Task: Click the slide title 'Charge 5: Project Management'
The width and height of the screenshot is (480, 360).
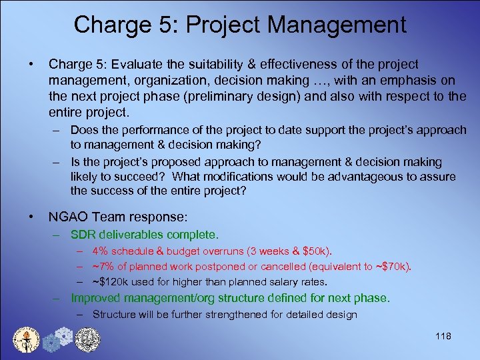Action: point(240,25)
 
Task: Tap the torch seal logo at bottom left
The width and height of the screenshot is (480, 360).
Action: point(27,338)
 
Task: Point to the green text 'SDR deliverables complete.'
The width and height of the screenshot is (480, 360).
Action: point(145,235)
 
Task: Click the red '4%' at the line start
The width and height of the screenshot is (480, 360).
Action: point(101,251)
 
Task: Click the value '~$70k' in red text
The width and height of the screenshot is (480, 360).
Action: point(394,266)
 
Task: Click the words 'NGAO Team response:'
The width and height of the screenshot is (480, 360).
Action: point(118,217)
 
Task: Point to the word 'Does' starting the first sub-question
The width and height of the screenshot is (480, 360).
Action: point(83,129)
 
